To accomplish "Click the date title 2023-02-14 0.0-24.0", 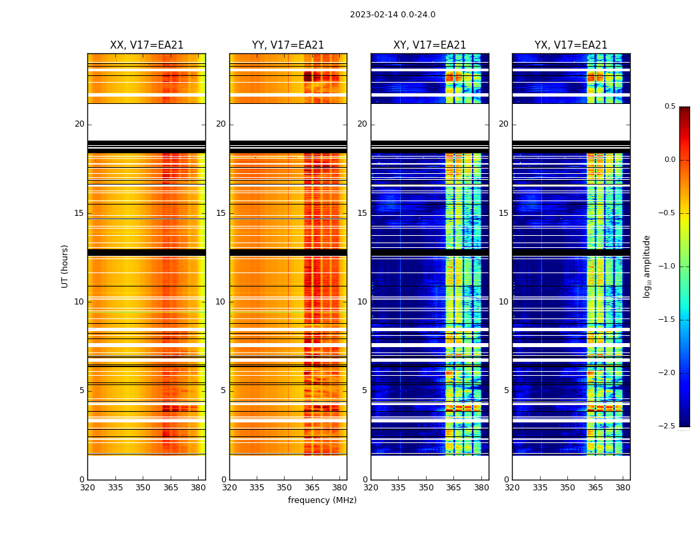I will [x=392, y=15].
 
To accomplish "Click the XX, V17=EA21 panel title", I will [x=147, y=45].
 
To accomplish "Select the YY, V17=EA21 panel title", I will [x=288, y=45].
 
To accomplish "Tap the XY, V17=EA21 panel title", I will [x=429, y=45].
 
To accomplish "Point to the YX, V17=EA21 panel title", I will [x=571, y=45].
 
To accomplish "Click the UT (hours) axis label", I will [x=65, y=266].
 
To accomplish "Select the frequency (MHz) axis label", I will [x=322, y=500].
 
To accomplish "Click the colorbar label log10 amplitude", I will [x=646, y=266].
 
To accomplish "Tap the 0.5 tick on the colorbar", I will [x=669, y=107].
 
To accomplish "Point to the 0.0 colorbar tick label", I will [x=669, y=160].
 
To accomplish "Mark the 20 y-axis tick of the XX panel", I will [x=79, y=124].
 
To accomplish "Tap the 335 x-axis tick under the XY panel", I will [x=399, y=488].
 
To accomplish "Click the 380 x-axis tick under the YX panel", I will [x=623, y=488].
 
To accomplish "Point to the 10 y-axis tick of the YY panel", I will [x=221, y=302].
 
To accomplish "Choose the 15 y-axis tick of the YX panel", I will [x=504, y=213].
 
